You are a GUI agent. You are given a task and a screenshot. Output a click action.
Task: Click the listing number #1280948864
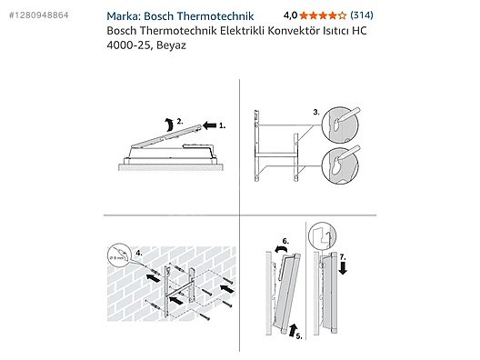click(38, 15)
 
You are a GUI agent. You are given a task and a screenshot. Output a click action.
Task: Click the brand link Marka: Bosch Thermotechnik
click(180, 16)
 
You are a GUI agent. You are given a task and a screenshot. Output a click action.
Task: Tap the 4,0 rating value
click(290, 15)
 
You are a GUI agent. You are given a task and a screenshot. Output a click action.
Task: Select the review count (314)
click(362, 15)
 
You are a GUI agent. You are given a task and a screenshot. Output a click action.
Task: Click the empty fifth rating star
click(342, 15)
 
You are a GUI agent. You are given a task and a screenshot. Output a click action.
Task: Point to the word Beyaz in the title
click(171, 45)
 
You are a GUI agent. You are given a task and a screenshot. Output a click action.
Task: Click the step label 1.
click(222, 125)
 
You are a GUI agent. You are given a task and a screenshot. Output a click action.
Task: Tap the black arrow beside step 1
click(210, 125)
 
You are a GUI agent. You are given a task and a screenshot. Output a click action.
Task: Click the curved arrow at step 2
click(168, 124)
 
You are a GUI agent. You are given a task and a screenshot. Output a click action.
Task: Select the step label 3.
click(316, 113)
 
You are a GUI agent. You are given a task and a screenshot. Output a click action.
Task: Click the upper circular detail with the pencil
click(340, 125)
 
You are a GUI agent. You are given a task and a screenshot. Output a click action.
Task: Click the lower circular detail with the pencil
click(340, 165)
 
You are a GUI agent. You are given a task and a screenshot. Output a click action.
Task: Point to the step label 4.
click(139, 253)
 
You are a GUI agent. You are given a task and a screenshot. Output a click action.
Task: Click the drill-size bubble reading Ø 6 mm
click(120, 255)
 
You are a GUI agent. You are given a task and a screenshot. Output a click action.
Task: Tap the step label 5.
click(299, 336)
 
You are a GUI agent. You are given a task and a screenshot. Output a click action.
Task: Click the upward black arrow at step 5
click(293, 330)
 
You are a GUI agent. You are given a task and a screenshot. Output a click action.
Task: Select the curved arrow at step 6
click(281, 249)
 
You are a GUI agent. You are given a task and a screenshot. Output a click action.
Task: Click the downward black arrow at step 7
click(343, 268)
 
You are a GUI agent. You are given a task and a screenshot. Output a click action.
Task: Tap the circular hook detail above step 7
click(323, 236)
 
